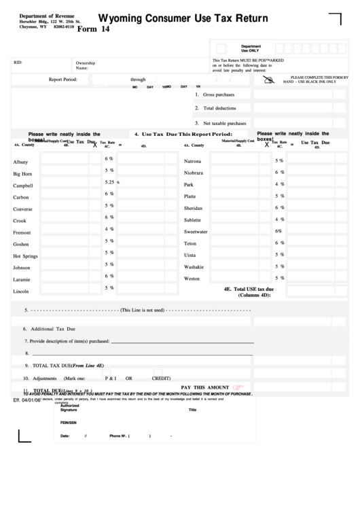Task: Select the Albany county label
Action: coord(21,162)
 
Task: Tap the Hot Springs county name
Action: coord(26,256)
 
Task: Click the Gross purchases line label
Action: coord(218,94)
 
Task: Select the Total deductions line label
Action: coord(218,108)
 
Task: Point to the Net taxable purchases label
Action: coord(223,123)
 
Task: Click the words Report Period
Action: coord(68,80)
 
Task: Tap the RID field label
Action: coord(18,63)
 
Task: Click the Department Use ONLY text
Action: coord(251,48)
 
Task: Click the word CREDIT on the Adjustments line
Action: coord(161,378)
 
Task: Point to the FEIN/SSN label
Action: coord(68,423)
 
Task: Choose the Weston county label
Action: coord(192,279)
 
